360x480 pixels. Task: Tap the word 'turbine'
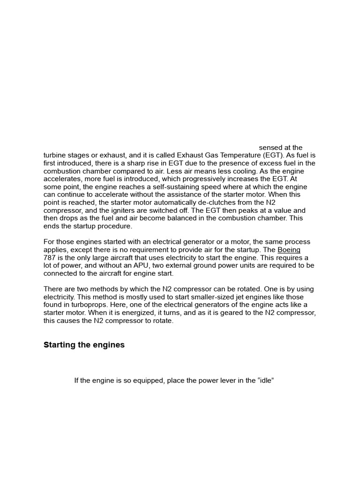click(55, 155)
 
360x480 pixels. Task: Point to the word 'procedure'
click(111, 226)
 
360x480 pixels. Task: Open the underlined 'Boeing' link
click(289, 250)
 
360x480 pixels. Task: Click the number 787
click(50, 258)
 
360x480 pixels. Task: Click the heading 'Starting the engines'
click(84, 345)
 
